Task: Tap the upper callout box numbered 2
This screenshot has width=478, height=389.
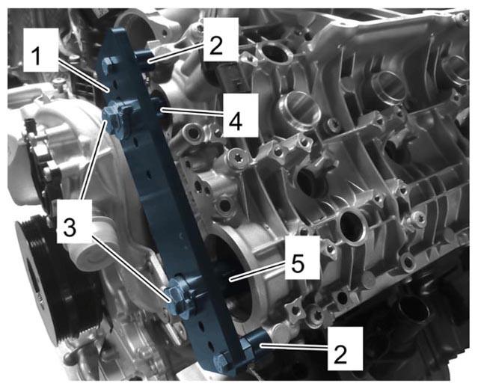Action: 221,39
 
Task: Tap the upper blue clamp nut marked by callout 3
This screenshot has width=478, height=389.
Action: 114,120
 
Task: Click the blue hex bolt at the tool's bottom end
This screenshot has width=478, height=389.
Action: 222,363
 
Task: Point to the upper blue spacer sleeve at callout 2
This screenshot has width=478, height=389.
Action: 144,58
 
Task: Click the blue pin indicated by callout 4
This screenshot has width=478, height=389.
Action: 158,107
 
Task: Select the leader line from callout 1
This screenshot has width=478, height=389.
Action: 82,75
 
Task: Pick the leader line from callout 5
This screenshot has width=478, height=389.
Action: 258,270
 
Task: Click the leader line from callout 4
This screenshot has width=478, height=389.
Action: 193,112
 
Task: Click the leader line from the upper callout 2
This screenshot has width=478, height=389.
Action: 176,52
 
